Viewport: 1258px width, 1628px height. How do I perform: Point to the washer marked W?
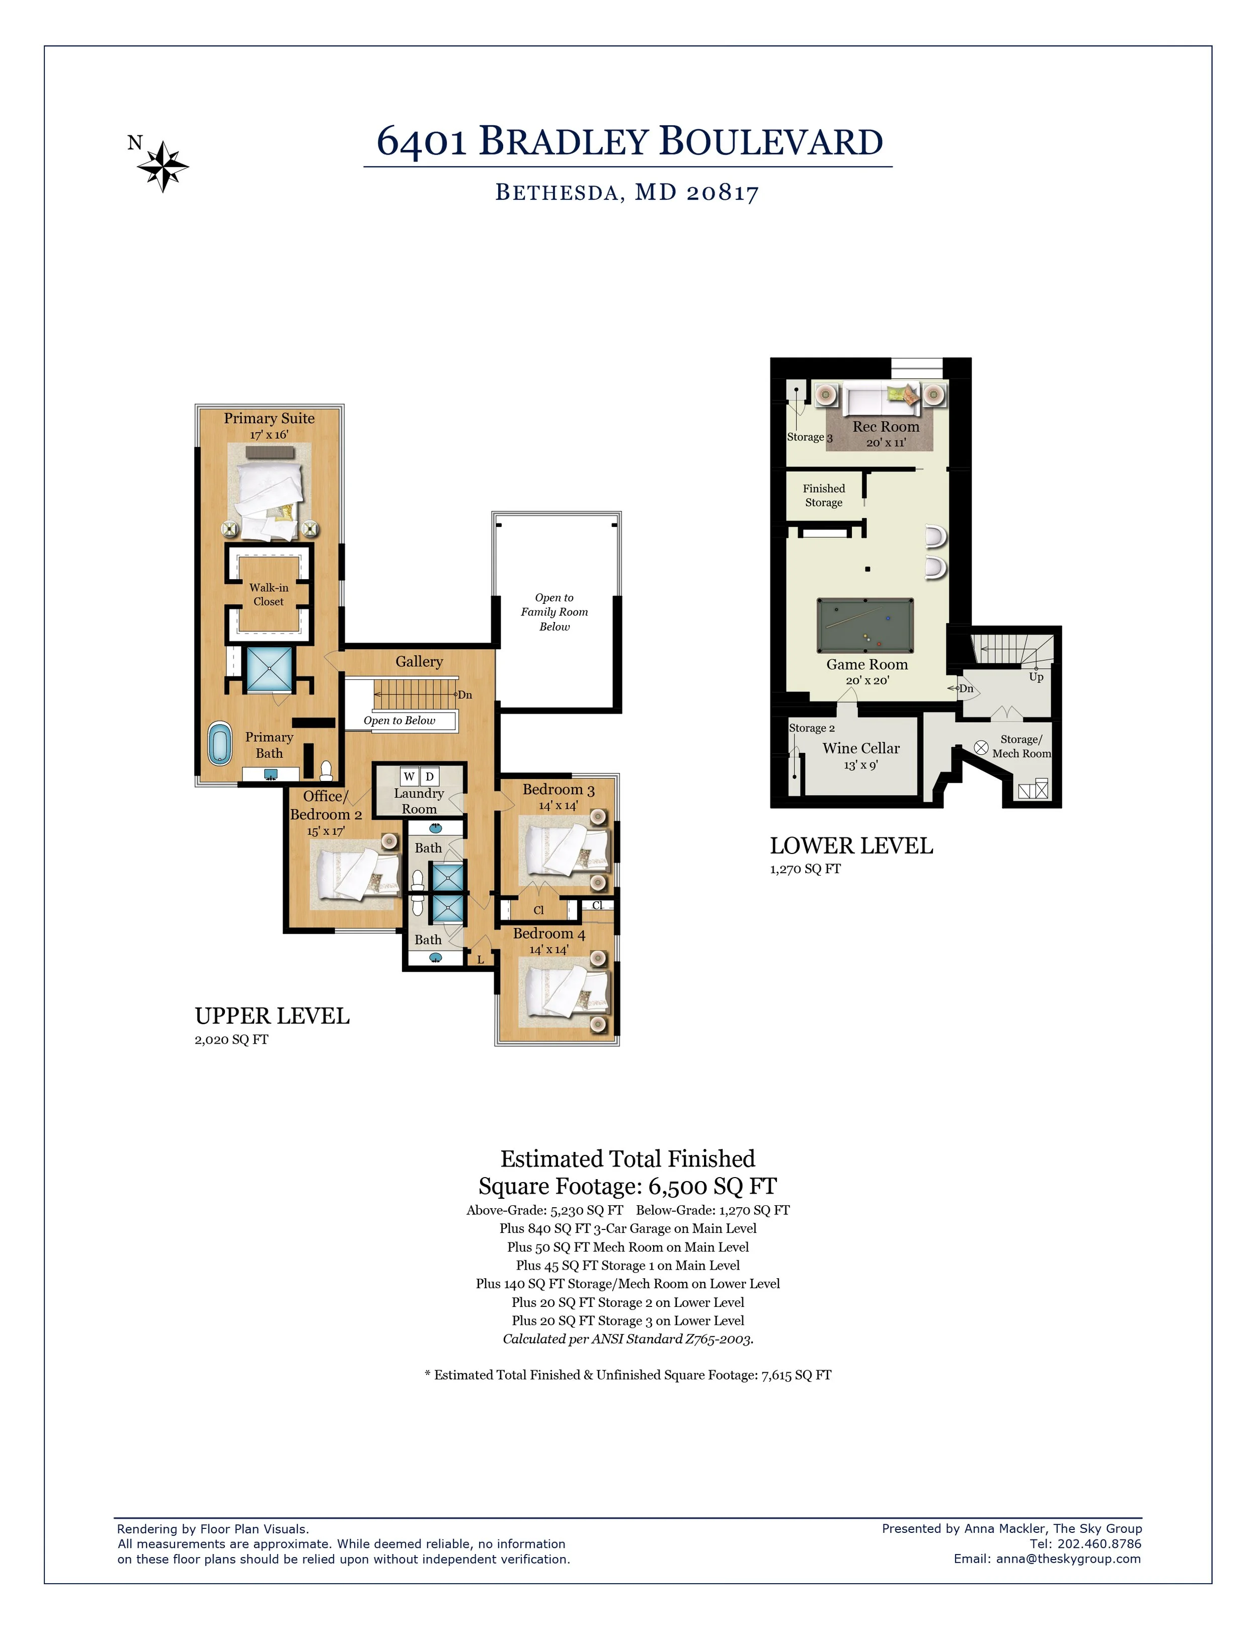pyautogui.click(x=409, y=777)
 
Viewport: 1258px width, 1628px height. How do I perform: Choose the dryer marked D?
pyautogui.click(x=429, y=777)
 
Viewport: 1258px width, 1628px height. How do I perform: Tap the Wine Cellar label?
pyautogui.click(x=861, y=748)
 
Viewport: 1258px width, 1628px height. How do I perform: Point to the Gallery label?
pyautogui.click(x=419, y=661)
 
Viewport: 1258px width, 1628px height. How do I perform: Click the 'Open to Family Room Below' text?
pyautogui.click(x=555, y=612)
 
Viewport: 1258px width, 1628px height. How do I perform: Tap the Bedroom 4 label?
pyautogui.click(x=549, y=933)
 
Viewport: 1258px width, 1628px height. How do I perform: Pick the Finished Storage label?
pyautogui.click(x=824, y=496)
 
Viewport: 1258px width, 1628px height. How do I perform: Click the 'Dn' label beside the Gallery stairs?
pyautogui.click(x=465, y=695)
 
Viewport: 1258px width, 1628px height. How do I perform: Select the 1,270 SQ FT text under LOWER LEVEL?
pyautogui.click(x=805, y=869)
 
